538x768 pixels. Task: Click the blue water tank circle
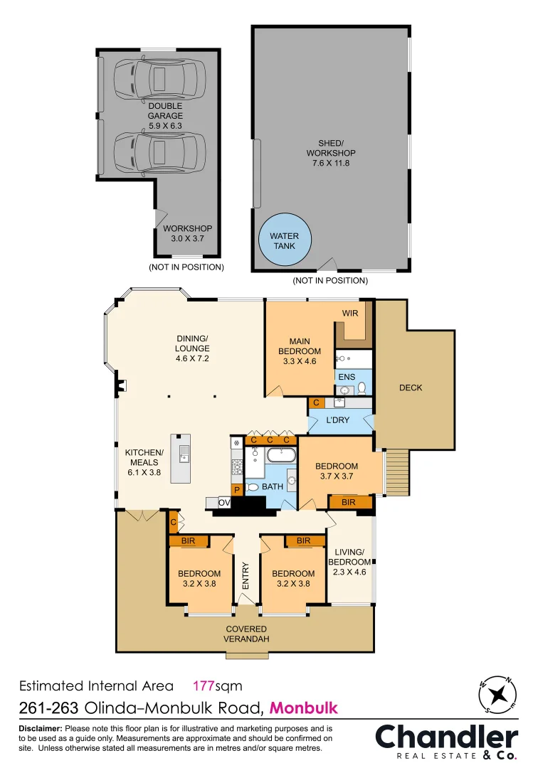(x=285, y=241)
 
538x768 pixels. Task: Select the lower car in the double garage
(x=159, y=151)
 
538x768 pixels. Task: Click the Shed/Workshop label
(x=331, y=153)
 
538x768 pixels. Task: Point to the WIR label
(x=349, y=313)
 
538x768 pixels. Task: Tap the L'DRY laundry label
(x=338, y=420)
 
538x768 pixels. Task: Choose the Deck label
(x=411, y=388)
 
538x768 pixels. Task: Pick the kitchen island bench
(x=181, y=458)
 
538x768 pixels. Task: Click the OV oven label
(x=224, y=503)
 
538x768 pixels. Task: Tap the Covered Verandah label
(x=247, y=634)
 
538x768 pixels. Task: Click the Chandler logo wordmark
(x=447, y=737)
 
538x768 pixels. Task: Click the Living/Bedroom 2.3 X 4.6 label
(x=349, y=561)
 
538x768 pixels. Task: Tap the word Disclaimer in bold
(x=41, y=729)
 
